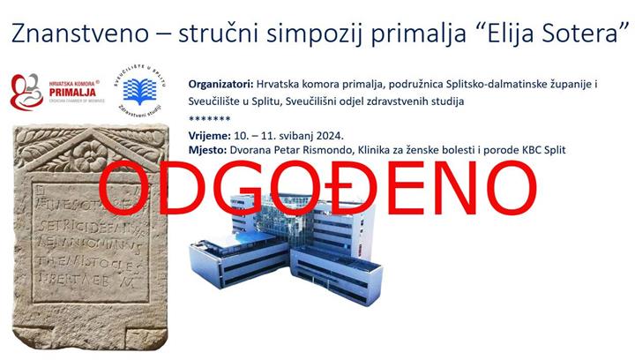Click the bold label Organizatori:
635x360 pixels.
coord(221,84)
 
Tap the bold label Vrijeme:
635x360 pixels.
coord(209,136)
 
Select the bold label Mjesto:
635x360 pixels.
coord(207,151)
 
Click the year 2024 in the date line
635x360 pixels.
coord(326,136)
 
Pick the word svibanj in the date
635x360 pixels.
coord(283,136)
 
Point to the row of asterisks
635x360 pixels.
coord(210,118)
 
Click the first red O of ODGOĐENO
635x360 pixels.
coord(124,186)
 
